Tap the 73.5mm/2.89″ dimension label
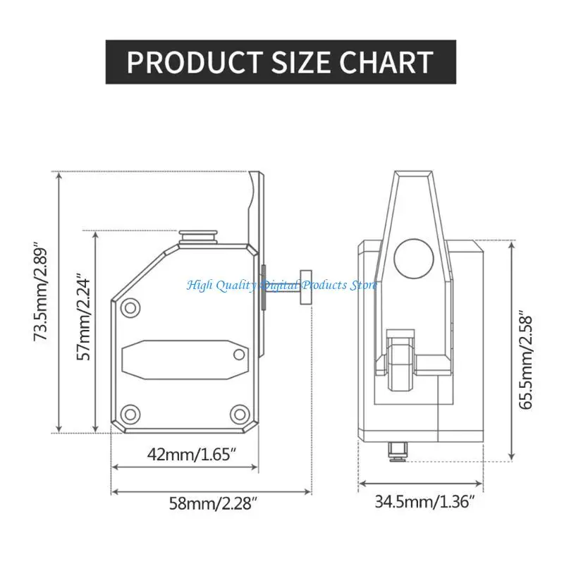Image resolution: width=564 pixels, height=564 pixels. point(40,294)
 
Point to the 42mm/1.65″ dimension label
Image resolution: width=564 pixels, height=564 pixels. point(191,454)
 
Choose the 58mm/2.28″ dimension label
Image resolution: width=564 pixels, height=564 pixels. point(214,503)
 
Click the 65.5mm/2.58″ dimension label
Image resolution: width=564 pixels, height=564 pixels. point(525,362)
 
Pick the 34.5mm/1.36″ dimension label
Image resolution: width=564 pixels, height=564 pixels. point(425,501)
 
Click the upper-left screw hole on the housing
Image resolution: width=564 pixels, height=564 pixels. point(130,308)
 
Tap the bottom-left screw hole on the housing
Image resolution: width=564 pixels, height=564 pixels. point(130,414)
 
